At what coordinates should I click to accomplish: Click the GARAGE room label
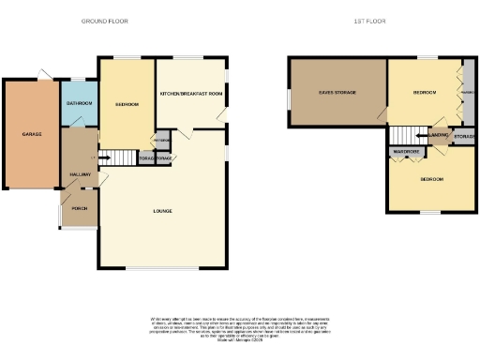coord(32,134)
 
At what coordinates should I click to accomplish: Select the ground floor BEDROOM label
coord(127,104)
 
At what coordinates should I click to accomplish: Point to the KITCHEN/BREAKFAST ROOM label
coord(191,94)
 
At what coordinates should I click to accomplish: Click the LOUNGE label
coord(163,211)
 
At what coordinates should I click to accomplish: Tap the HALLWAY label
coord(78,175)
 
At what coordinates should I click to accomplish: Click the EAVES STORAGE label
coord(336,93)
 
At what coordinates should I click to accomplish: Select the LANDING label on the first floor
coord(438,137)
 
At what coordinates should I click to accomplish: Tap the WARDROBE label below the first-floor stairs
coord(406,151)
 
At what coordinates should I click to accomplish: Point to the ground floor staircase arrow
coord(107,157)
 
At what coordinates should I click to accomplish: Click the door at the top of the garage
coord(43,75)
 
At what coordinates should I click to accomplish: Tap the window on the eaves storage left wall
coord(288,94)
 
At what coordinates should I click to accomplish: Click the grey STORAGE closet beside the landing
coord(463,137)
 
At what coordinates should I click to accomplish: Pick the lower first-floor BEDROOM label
coord(431,178)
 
